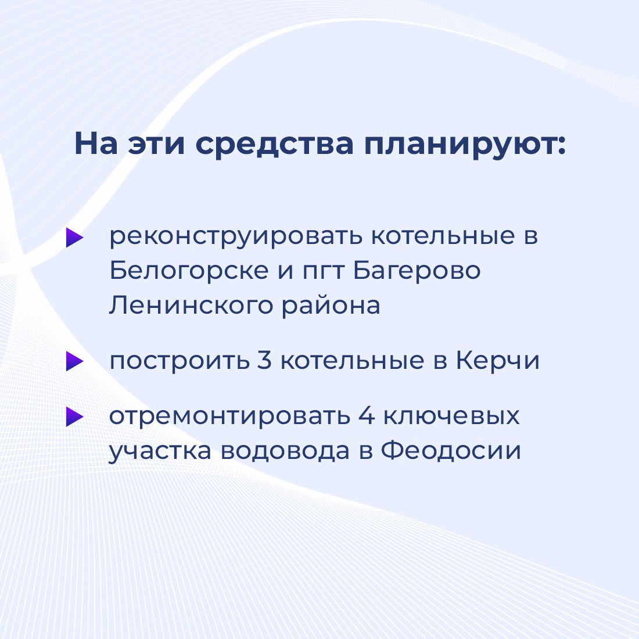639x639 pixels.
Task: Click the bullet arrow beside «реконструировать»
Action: coord(74,237)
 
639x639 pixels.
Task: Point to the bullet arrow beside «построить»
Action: coord(74,361)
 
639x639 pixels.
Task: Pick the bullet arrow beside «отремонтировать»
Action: coord(74,417)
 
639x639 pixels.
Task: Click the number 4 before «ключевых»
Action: coord(367,417)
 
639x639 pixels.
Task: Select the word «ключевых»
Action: coord(451,417)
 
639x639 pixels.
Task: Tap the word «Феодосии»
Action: coord(451,451)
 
